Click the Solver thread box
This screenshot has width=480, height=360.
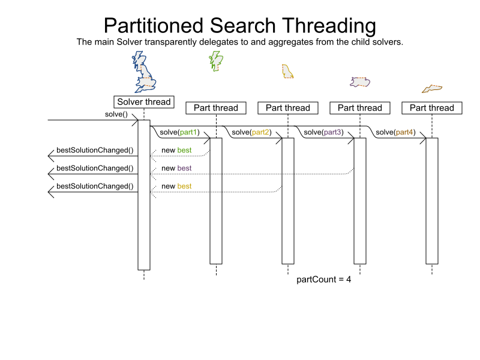[144, 102]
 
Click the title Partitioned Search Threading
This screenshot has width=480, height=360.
[240, 26]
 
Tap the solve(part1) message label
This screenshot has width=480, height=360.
[179, 132]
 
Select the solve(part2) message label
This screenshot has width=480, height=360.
[251, 132]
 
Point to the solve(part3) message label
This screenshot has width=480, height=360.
[323, 132]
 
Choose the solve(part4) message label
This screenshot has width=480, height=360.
[395, 132]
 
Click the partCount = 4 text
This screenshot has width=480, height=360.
[324, 280]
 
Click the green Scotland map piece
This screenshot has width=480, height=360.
[215, 60]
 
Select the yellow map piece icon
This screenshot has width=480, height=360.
[287, 71]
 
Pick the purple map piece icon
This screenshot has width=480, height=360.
[360, 82]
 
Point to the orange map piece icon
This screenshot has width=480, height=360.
[432, 89]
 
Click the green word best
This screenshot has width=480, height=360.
[185, 150]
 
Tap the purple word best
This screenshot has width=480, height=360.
[185, 168]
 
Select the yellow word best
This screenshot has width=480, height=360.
[185, 186]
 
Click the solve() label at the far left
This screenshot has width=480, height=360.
[116, 114]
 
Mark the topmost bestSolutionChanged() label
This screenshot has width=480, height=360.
[95, 150]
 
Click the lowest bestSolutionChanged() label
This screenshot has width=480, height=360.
[95, 186]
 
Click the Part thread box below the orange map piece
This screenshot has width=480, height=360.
[432, 108]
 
